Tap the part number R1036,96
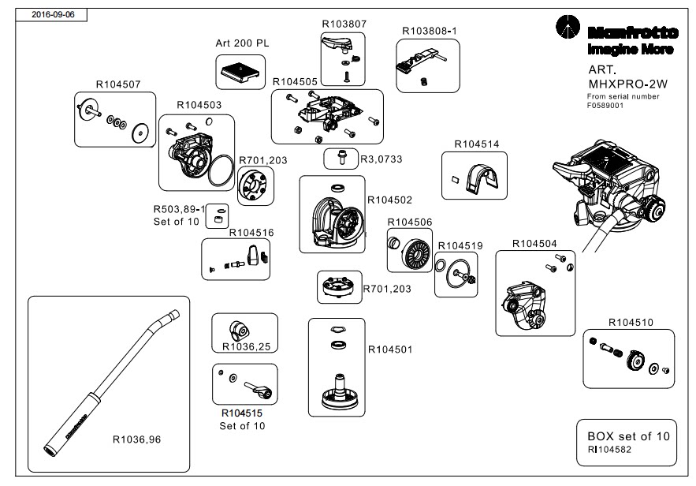136,439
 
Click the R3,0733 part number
381,159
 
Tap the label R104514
477,144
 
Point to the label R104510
631,322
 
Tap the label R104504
534,244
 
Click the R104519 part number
460,246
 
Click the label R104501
390,348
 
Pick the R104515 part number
242,413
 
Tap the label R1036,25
246,346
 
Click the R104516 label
251,233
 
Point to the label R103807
344,24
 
